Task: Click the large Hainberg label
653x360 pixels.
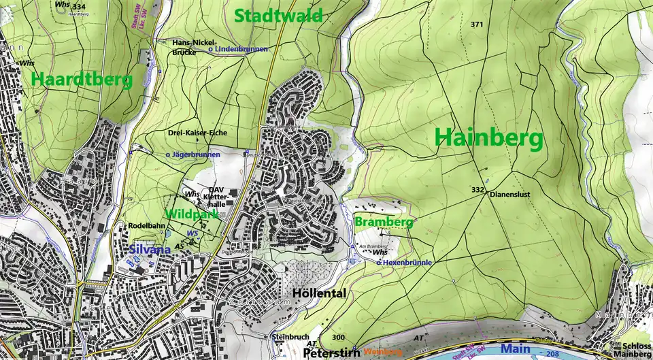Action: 488,139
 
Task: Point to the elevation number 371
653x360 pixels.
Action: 476,24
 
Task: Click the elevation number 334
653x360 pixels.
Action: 80,6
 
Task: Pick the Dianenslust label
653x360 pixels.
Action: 509,194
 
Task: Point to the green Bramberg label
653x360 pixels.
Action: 384,223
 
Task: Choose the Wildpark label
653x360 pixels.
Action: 191,214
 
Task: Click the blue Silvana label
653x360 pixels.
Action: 150,250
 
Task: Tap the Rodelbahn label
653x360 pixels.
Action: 147,226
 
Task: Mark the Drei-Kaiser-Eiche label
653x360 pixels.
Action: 197,133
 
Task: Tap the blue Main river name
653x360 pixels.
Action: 518,348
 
